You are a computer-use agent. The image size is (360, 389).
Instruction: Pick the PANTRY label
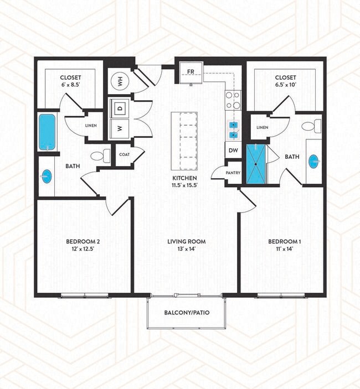pos(233,173)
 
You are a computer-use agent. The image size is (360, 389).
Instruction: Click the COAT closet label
pos(124,155)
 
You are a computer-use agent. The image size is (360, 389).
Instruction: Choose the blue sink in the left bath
pos(46,177)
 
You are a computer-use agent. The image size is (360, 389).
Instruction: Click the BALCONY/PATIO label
pos(186,313)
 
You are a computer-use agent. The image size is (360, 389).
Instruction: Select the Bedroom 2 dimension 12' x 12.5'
pos(83,250)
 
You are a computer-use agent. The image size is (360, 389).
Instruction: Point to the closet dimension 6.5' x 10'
pos(285,86)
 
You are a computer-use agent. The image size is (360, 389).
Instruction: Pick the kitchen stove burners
pos(233,100)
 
